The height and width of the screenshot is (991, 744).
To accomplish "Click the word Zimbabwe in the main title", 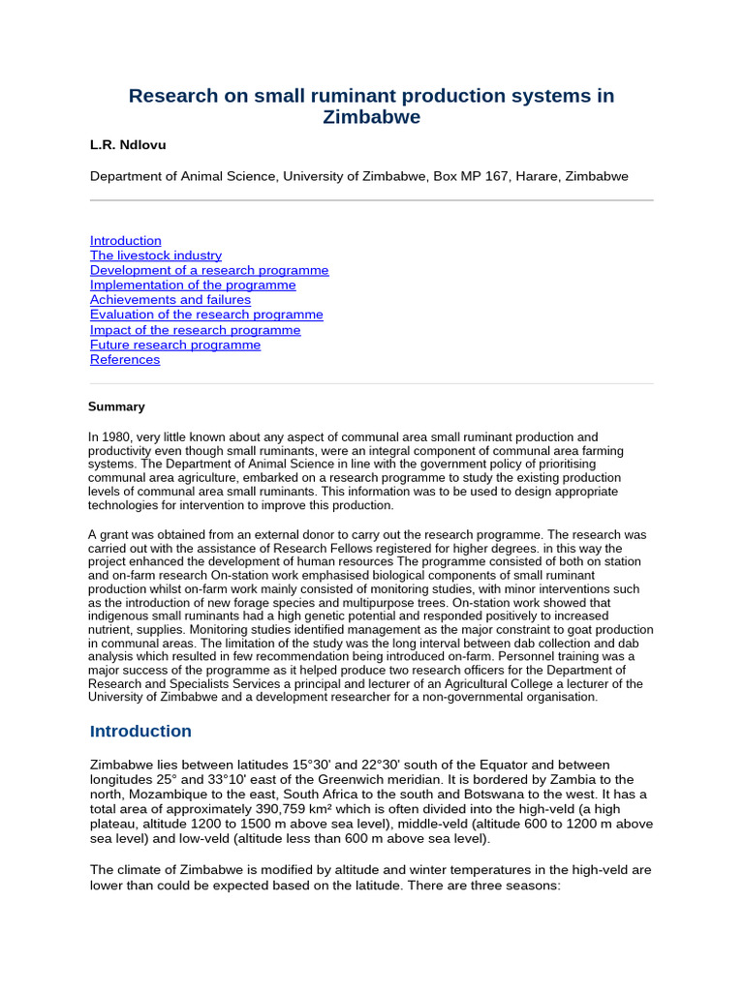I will click(371, 117).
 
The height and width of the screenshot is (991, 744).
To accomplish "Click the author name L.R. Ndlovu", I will click(128, 145).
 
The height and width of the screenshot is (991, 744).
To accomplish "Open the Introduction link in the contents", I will click(126, 241).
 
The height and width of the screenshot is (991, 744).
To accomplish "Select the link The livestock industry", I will click(156, 255).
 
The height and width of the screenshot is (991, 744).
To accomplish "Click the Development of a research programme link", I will click(209, 270).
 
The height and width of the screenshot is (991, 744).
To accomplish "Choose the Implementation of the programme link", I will click(193, 285).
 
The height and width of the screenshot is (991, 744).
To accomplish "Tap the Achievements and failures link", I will click(170, 300).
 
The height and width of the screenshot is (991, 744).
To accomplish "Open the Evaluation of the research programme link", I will click(206, 315).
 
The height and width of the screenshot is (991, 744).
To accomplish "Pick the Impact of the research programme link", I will click(195, 330).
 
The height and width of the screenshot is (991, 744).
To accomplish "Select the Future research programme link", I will click(175, 345).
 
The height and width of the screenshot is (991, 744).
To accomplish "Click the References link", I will click(125, 359).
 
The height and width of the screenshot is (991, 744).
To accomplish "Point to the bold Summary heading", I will click(116, 406).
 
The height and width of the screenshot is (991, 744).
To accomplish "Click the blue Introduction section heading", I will click(140, 731).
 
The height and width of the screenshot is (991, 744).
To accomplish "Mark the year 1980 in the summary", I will click(118, 437).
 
